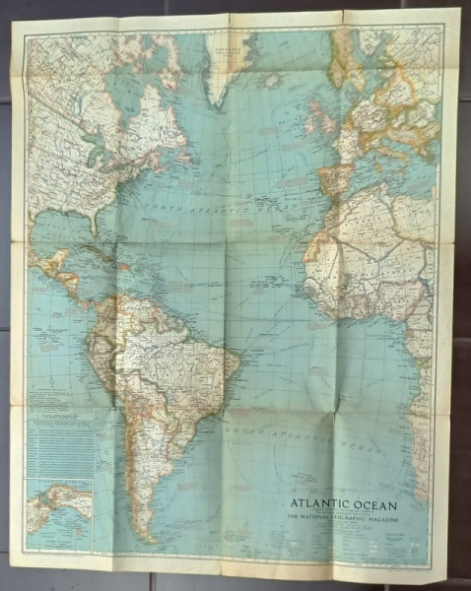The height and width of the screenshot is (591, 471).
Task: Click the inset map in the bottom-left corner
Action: (x=59, y=512)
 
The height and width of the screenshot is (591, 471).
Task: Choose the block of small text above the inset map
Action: (x=59, y=443)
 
